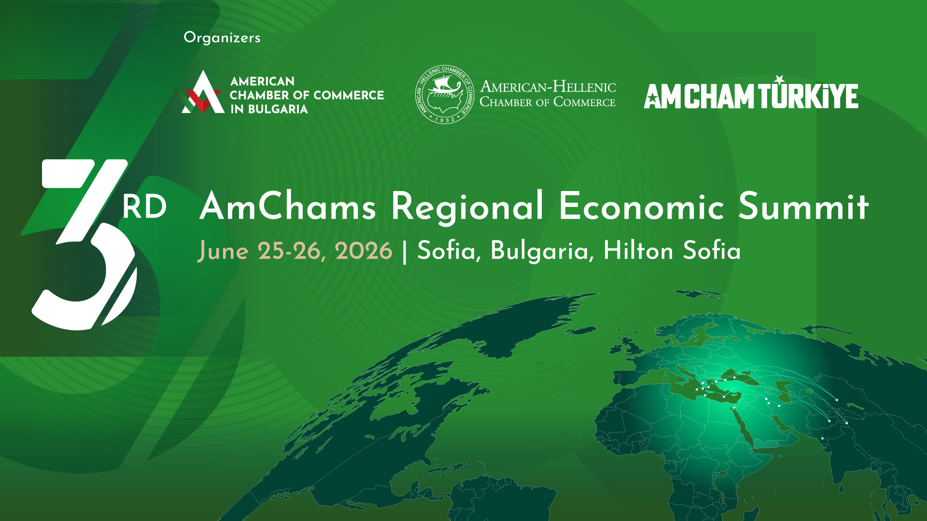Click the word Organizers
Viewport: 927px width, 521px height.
222,38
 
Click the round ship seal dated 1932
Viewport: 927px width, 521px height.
444,95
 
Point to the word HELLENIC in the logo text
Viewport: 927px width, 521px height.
584,87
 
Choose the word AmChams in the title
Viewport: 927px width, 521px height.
288,206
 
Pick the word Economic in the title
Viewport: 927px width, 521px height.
642,206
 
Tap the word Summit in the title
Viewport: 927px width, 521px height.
804,206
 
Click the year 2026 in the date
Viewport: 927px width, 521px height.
363,251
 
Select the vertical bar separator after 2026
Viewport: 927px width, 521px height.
405,252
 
